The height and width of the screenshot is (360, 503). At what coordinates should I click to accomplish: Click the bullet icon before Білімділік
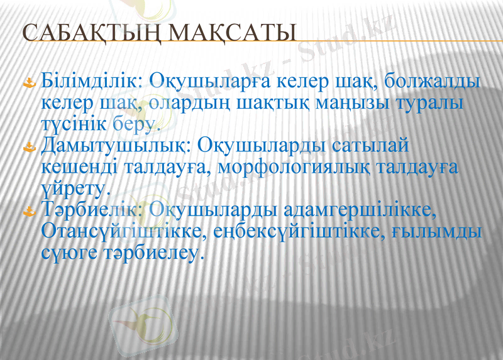point(29,83)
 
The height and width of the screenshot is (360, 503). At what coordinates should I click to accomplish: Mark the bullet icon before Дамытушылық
point(29,148)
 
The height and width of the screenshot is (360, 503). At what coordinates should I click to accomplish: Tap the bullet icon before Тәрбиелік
point(29,212)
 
